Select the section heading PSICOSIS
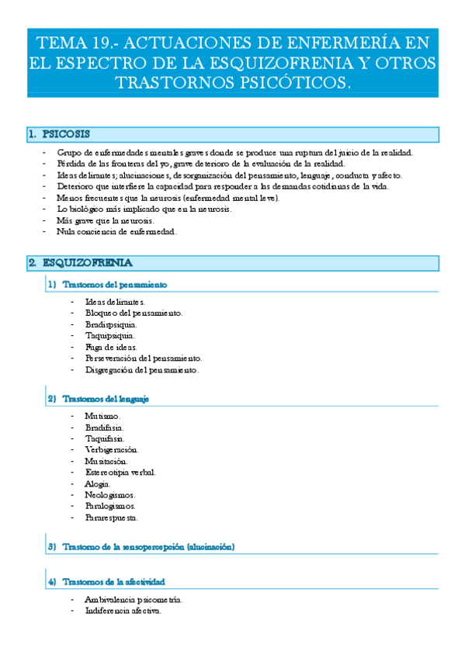pyautogui.click(x=66, y=134)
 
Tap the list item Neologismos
pyautogui.click(x=109, y=495)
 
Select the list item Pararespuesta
pyautogui.click(x=112, y=518)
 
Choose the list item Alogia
pyautogui.click(x=98, y=484)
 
